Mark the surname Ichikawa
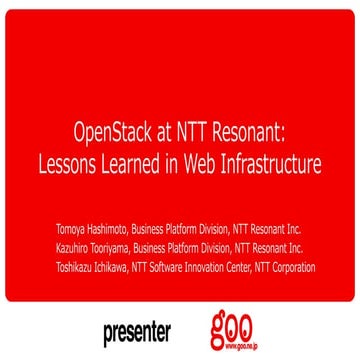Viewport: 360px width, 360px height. tap(124, 267)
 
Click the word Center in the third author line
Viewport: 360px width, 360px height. tap(263, 267)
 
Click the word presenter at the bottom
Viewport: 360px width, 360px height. tap(136, 330)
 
